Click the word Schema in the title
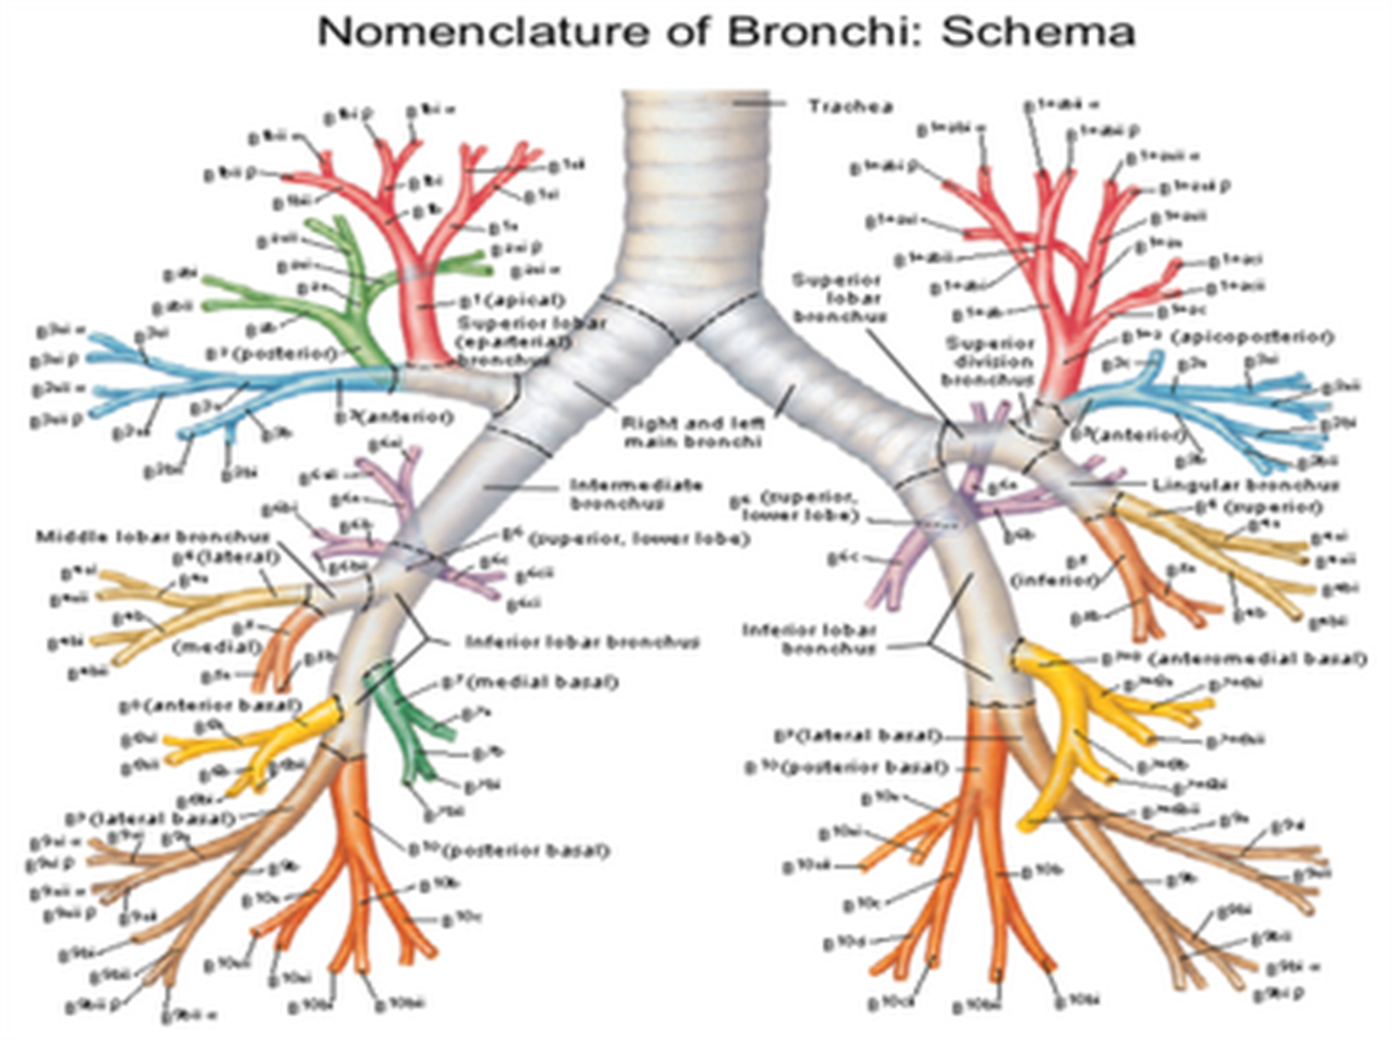(1037, 31)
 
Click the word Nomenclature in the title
(482, 31)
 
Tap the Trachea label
(849, 106)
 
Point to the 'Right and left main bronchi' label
(693, 432)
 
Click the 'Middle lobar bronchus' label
(152, 537)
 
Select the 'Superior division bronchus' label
(990, 361)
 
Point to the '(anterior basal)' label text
(222, 704)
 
